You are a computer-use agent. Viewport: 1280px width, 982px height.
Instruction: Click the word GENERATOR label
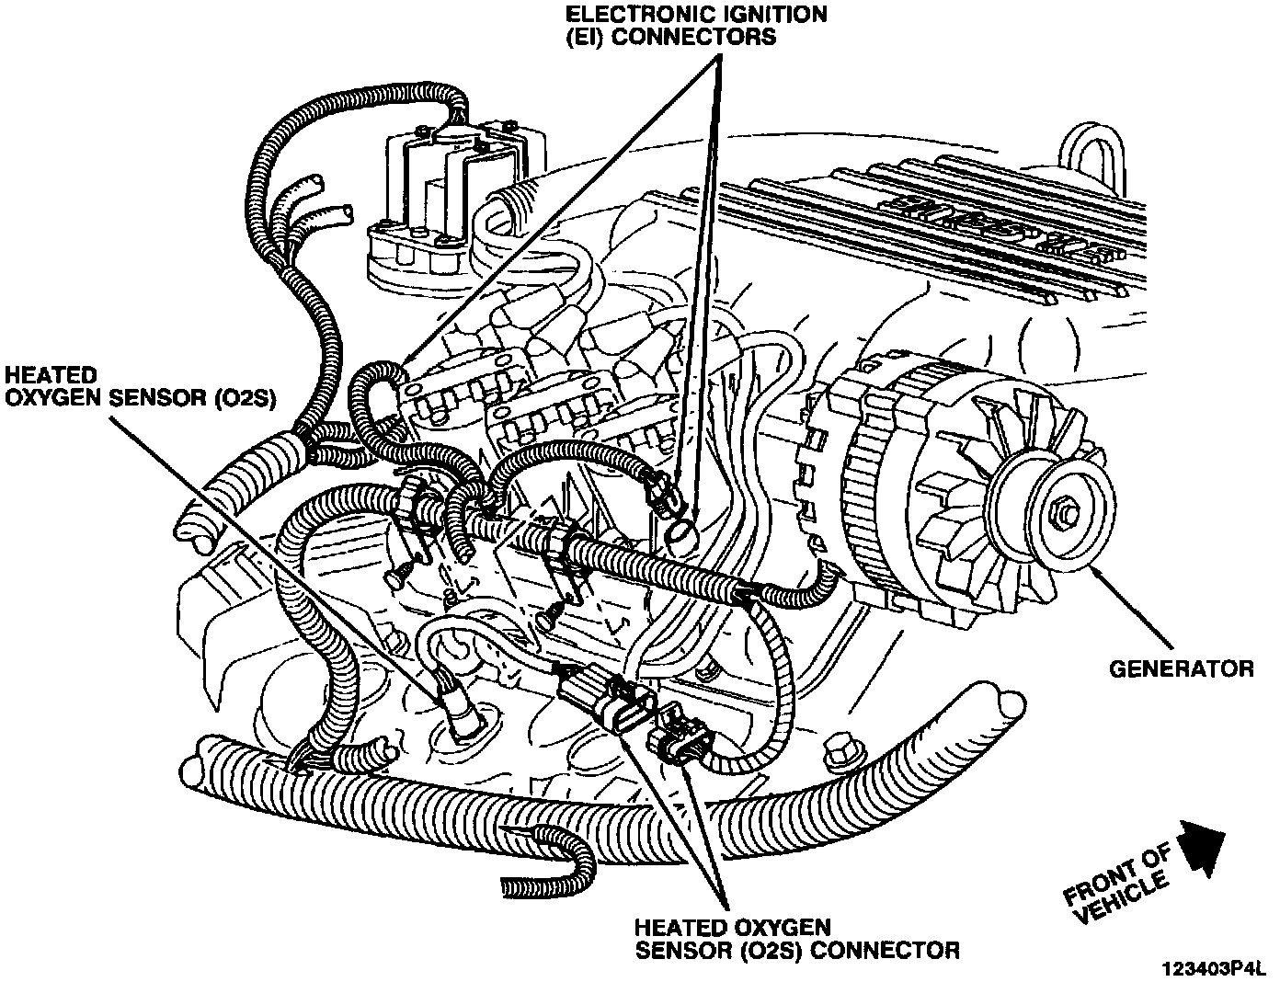pos(1181,668)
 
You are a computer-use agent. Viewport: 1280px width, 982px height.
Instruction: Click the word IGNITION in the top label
pos(769,15)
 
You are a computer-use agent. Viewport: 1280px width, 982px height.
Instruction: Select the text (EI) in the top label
pos(598,38)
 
